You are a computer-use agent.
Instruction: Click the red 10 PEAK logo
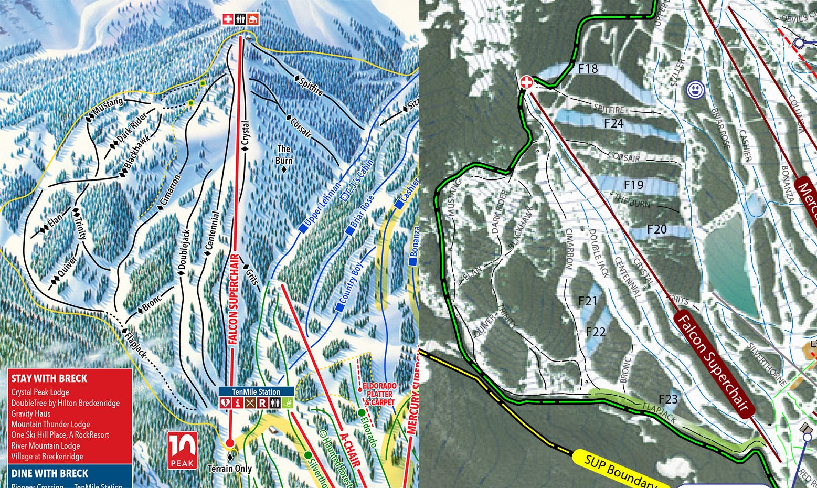point(183,450)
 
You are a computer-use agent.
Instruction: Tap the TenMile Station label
point(256,391)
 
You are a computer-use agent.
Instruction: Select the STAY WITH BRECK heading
point(49,378)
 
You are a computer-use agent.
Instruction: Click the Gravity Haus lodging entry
point(31,413)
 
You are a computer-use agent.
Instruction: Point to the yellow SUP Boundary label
point(617,469)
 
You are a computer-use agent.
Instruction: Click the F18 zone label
point(588,68)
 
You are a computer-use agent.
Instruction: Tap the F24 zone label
point(613,123)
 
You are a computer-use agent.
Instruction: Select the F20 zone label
point(656,229)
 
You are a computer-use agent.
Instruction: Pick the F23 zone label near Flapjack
point(668,399)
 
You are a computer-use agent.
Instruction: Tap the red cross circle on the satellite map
point(526,82)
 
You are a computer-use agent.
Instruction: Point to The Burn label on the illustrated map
point(284,155)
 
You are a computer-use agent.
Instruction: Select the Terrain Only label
point(230,469)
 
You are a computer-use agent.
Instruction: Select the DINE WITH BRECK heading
point(50,473)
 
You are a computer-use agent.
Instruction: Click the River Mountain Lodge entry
point(46,445)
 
